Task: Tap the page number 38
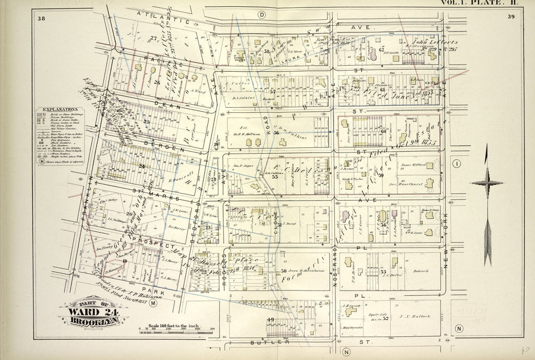pyautogui.click(x=41, y=19)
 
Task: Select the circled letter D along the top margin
pyautogui.click(x=261, y=14)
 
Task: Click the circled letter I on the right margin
pyautogui.click(x=457, y=164)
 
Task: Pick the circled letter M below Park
pyautogui.click(x=153, y=303)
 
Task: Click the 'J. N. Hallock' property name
pyautogui.click(x=414, y=316)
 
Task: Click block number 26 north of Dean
pyautogui.click(x=157, y=83)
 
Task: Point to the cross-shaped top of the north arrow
pyautogui.click(x=486, y=183)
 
